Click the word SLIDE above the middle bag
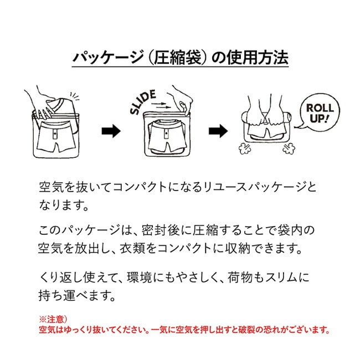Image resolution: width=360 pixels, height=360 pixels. (x=143, y=101)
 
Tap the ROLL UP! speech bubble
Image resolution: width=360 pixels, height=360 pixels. (x=320, y=112)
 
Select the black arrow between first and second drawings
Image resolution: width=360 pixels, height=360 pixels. (x=111, y=131)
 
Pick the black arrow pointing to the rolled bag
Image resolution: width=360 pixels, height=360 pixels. (x=218, y=131)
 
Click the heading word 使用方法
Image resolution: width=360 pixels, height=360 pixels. (x=258, y=57)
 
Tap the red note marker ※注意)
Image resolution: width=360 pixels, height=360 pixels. (x=53, y=320)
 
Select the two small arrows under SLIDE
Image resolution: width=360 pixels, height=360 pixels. (x=161, y=105)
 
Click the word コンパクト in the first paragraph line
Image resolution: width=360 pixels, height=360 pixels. (x=140, y=187)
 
